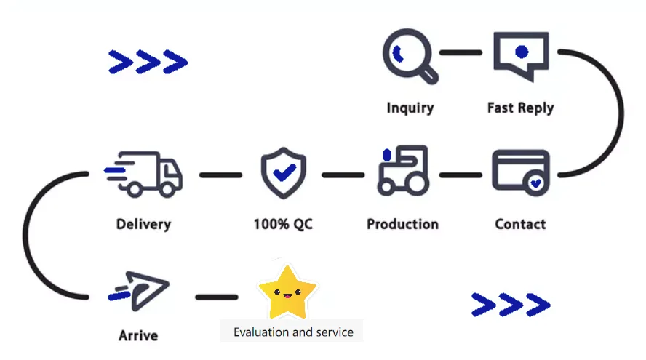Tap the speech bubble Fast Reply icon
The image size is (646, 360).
pos(520,55)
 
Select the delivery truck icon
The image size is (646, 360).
pos(144,173)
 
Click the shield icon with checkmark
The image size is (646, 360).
pos(283,173)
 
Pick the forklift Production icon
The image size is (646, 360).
pos(402,171)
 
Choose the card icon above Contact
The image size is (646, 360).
pos(521,172)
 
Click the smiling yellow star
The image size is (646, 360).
pos(287,292)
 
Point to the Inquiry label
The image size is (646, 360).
pos(410,108)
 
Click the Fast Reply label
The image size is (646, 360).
pos(520,108)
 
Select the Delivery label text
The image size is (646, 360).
pos(143,223)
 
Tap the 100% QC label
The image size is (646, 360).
pos(283,224)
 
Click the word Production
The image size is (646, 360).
pos(402,224)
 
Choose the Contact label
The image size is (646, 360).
pos(520,224)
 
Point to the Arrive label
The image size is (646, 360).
pos(138,336)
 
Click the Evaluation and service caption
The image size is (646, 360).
pos(293,332)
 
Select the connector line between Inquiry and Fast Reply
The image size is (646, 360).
pos(460,52)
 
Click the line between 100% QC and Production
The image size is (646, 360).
pos(343,175)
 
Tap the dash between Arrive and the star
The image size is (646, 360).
pos(216,297)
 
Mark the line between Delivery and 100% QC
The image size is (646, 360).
pos(220,175)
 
